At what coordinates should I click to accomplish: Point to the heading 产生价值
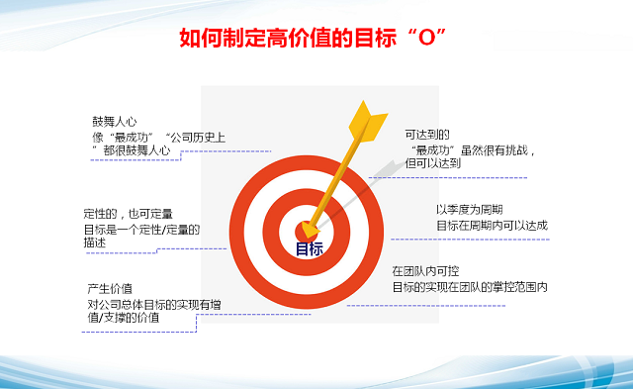110,288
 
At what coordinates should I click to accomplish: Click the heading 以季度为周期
471,209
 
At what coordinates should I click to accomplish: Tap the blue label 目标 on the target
310,249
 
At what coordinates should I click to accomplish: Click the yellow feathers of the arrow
366,118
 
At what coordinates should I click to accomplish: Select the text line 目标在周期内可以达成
491,225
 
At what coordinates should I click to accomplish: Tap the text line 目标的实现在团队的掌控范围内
469,286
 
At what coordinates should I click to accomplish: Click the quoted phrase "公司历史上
195,137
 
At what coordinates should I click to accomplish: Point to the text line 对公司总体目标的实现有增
152,304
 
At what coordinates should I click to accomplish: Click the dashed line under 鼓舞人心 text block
178,161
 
